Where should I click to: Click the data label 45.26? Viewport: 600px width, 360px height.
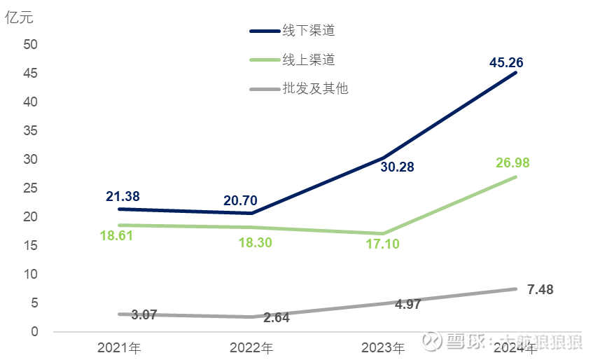point(506,63)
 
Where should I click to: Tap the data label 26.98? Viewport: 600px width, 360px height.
point(512,163)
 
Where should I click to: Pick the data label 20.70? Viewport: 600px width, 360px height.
point(242,201)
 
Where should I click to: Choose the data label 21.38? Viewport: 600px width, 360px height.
point(123,197)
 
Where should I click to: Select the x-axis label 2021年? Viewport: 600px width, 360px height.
point(120,347)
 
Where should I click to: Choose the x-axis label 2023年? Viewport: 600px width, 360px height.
point(383,347)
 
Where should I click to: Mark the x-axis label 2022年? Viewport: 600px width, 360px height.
point(251,347)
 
